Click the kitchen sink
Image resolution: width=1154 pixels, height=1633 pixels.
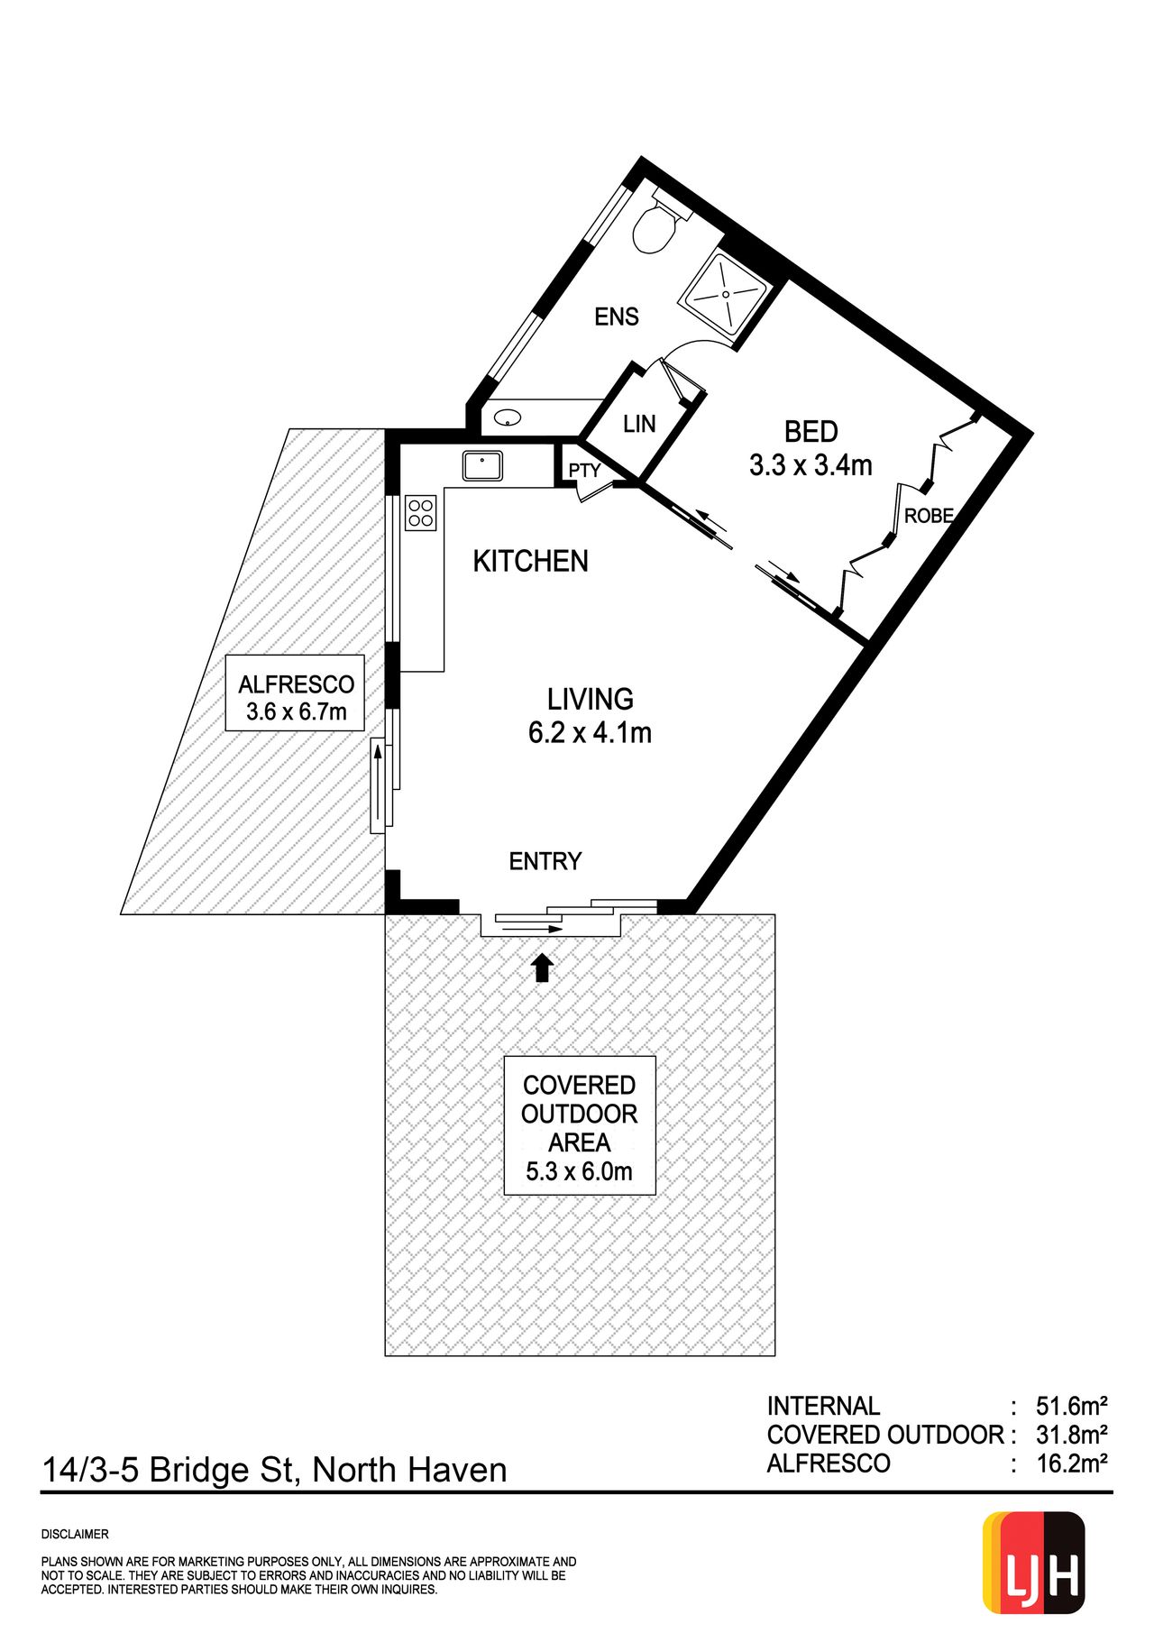click(483, 466)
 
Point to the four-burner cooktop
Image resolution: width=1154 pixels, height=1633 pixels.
click(421, 513)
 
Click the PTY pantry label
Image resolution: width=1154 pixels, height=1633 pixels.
click(584, 471)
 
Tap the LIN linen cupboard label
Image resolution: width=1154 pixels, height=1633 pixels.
click(639, 424)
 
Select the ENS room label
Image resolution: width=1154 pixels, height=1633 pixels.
click(617, 317)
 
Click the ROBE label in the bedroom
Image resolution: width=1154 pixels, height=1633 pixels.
click(929, 516)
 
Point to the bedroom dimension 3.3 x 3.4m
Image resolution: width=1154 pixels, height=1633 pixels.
click(811, 465)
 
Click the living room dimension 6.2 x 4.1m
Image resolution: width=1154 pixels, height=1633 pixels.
click(590, 732)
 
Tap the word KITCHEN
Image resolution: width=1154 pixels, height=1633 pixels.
click(530, 561)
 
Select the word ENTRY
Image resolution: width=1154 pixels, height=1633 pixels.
click(545, 861)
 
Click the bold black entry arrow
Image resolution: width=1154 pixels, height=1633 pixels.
click(542, 968)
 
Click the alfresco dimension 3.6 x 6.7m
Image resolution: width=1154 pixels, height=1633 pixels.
click(297, 711)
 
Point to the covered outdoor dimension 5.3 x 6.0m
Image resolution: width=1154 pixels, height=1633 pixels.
click(580, 1171)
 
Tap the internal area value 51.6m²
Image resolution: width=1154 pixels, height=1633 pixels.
click(1071, 1406)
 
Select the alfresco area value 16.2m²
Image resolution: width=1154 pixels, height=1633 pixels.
click(1072, 1463)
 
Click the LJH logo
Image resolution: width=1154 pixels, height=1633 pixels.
click(1033, 1563)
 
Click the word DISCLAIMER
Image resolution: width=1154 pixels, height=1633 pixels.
click(75, 1534)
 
